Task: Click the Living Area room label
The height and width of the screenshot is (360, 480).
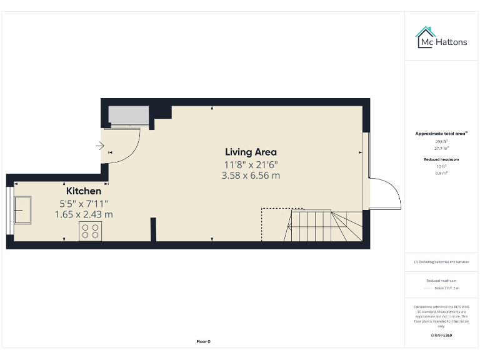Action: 251,152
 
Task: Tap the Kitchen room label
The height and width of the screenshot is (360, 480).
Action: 84,191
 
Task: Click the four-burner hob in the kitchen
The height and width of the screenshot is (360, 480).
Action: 90,231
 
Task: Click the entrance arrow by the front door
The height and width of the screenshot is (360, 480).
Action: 100,146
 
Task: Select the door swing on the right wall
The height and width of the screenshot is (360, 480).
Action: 384,194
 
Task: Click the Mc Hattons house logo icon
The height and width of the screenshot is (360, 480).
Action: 426,37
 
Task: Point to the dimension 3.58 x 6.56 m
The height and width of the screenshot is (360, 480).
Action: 251,176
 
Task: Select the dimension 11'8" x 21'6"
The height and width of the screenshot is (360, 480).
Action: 251,164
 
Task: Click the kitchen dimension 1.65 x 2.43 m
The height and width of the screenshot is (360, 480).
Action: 84,214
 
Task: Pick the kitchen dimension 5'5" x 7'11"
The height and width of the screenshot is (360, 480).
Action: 84,203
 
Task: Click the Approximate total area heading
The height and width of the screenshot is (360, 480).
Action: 441,134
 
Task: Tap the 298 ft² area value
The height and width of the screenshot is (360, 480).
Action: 441,142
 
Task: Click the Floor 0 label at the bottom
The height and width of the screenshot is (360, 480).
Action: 203,341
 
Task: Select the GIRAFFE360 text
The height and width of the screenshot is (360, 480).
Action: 441,336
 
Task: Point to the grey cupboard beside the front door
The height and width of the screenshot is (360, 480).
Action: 128,116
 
